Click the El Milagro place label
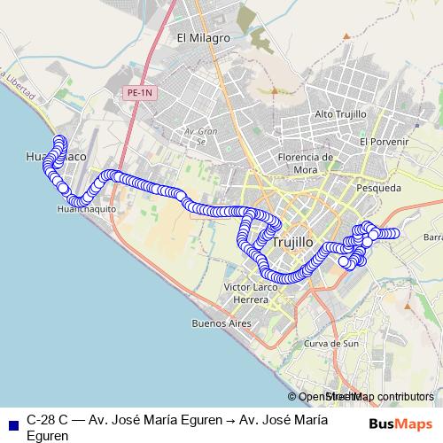point(204,38)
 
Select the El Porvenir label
point(384,141)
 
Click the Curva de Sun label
point(330,343)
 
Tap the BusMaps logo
point(400,423)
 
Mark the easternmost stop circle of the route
point(395,233)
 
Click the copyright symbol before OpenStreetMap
point(292,397)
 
